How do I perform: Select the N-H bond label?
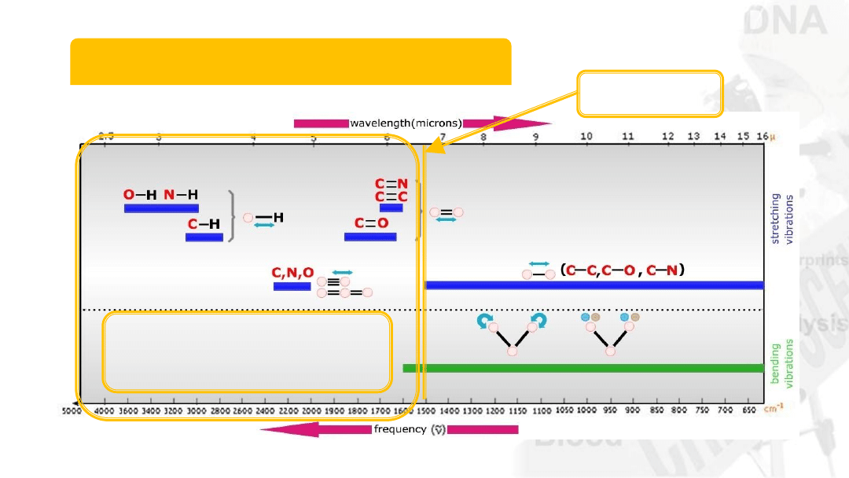181,195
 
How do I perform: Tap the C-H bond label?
204,224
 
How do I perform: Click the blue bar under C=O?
370,237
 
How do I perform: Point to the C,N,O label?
292,273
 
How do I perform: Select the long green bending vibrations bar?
583,368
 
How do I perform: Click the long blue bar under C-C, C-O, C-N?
594,285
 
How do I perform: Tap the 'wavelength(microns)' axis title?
405,123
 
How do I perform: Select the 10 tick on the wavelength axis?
586,136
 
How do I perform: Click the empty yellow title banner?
291,61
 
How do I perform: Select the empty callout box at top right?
650,94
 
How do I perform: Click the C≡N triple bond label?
391,184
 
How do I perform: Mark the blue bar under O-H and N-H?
161,208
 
